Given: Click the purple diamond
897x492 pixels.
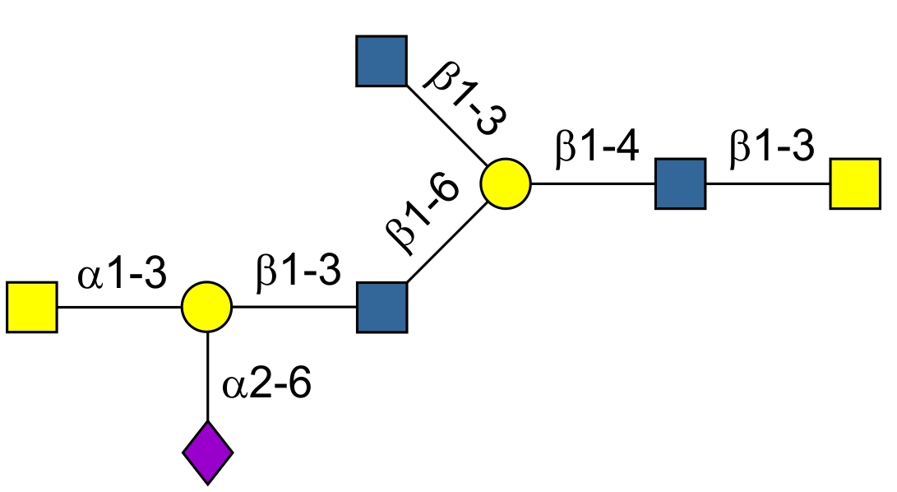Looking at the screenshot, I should [x=207, y=452].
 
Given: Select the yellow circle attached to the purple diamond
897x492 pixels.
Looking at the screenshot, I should [x=207, y=307].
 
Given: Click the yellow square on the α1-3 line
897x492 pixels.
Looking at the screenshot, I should [x=32, y=307].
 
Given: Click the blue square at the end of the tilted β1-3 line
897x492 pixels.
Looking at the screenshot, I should [x=381, y=61].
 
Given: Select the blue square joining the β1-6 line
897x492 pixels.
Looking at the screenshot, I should [x=381, y=307].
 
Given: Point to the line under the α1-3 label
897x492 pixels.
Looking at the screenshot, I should [x=119, y=307].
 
